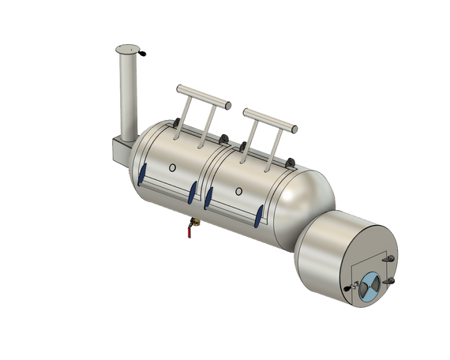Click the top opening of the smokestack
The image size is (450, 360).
pos(128,49)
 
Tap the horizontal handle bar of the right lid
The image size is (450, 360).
pos(272,119)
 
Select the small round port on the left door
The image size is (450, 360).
pos(172,167)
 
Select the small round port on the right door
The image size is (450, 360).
pos(239,189)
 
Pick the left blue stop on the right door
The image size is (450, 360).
pos(209,197)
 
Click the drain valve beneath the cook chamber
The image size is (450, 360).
pos(189,229)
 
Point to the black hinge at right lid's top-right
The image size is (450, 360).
pos(291,161)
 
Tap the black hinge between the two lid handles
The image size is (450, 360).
pos(231,142)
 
